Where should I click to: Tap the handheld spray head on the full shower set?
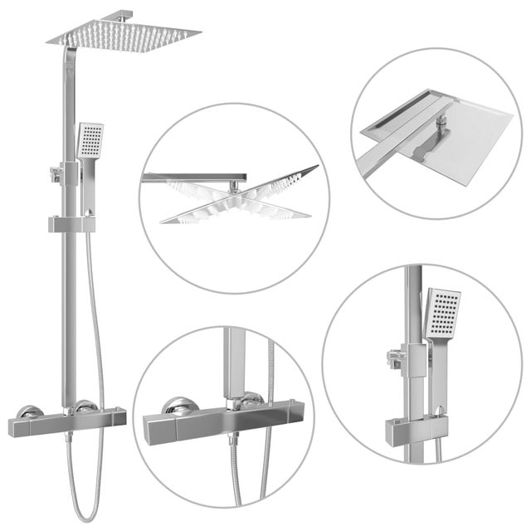coord(90,140)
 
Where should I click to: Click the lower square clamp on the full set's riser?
coord(71,223)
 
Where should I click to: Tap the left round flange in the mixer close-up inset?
coord(178,406)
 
